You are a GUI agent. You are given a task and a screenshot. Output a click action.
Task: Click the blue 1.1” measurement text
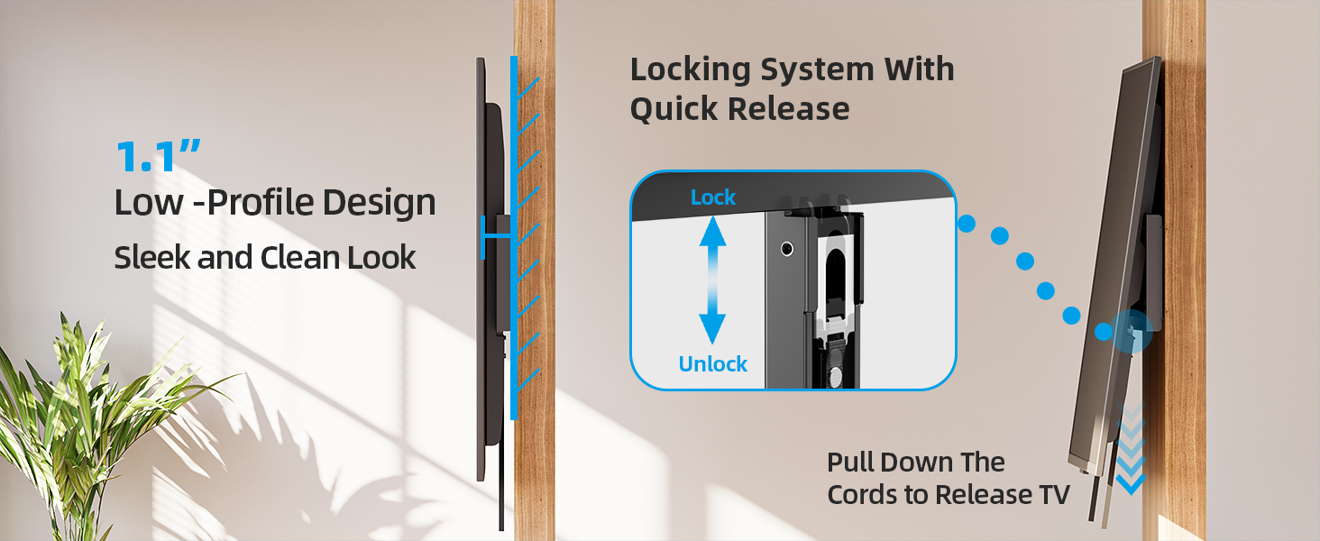click(x=158, y=156)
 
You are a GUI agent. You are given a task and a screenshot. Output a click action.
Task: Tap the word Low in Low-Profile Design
click(x=149, y=202)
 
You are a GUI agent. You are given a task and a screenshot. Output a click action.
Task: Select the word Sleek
click(x=152, y=258)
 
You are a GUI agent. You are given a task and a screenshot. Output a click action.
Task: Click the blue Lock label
click(x=713, y=197)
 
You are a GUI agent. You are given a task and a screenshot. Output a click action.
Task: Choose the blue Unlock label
click(x=713, y=364)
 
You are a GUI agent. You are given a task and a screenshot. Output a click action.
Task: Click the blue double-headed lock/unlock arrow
click(x=712, y=280)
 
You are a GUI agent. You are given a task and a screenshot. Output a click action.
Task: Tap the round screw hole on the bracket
click(x=787, y=249)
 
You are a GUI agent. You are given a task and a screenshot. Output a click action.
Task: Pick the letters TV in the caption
click(x=1054, y=494)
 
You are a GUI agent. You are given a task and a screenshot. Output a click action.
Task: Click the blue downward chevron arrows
click(x=1131, y=449)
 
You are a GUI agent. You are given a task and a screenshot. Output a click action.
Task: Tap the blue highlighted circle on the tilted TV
click(x=1132, y=331)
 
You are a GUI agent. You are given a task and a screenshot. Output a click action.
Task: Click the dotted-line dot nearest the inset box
click(x=967, y=224)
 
